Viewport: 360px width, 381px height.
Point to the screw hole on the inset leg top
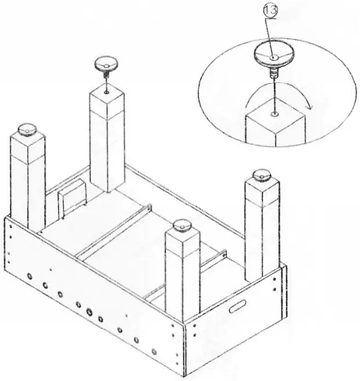(x=272, y=114)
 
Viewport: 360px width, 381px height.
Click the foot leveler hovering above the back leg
(x=107, y=63)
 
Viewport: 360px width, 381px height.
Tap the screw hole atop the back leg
(x=107, y=91)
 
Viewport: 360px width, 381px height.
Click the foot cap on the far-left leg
(x=27, y=130)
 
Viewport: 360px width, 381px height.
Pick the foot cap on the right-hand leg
(x=262, y=174)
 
